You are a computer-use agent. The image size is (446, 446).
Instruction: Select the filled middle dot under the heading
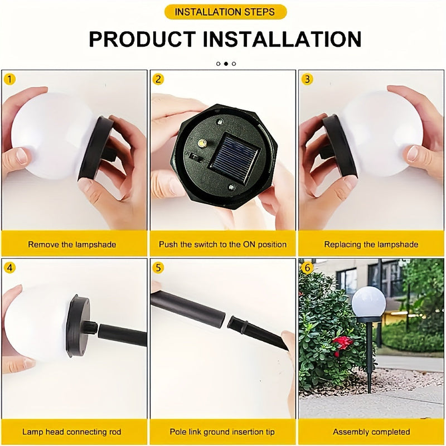(x=226, y=64)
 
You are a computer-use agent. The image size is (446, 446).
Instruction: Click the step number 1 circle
(x=10, y=79)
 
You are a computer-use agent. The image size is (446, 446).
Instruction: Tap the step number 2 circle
(x=159, y=79)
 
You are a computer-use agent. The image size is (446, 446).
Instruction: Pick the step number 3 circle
(x=307, y=79)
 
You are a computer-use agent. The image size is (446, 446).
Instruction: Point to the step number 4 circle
(x=10, y=268)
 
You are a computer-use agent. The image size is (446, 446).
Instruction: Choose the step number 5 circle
(x=159, y=268)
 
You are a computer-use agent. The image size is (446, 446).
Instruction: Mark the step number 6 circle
(x=307, y=268)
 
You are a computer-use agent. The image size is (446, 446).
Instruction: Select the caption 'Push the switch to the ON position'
(x=223, y=244)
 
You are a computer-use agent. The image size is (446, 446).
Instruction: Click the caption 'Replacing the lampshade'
(x=371, y=244)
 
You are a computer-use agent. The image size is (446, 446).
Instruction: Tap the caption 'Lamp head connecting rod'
(x=72, y=432)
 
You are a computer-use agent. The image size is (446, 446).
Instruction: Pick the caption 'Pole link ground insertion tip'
(x=222, y=432)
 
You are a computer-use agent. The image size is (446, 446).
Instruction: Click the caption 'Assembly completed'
(x=371, y=432)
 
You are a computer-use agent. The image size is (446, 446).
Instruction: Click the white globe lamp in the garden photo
(x=368, y=301)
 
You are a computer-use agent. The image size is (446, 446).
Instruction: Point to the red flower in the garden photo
(x=342, y=342)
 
